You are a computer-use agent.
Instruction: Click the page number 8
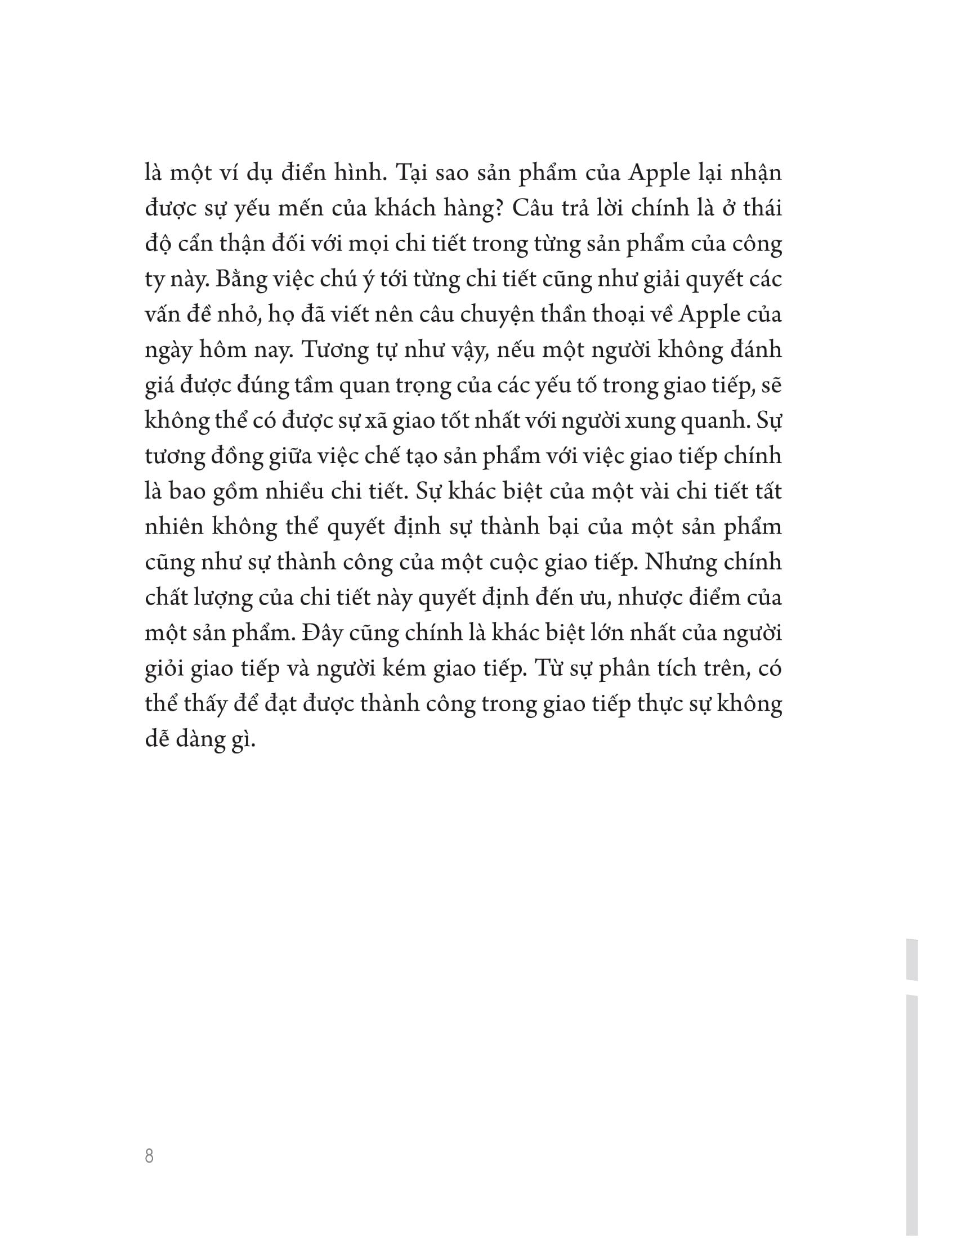click(149, 1156)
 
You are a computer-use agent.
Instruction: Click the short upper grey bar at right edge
click(911, 959)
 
